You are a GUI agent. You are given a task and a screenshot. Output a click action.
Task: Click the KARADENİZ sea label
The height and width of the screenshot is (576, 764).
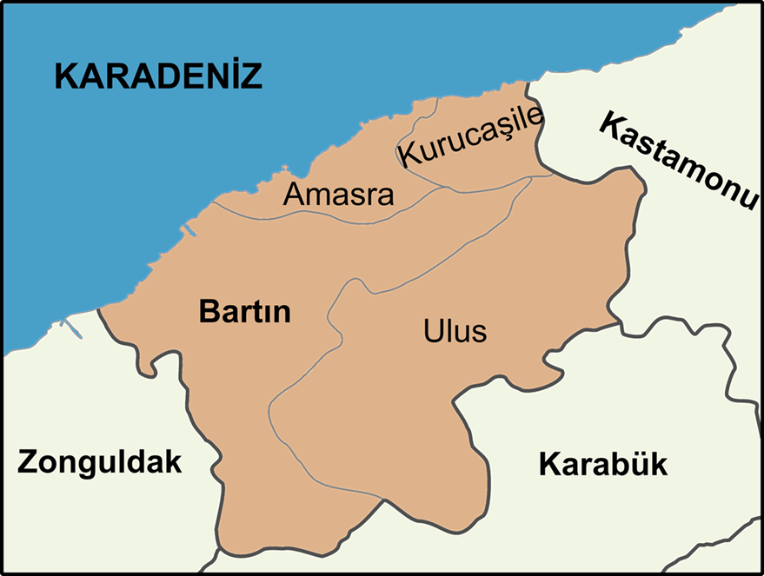[x=158, y=76]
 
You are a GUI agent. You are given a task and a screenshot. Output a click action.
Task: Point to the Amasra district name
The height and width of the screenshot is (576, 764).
[x=338, y=195]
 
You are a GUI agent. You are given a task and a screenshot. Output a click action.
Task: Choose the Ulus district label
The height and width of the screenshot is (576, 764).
[x=455, y=331]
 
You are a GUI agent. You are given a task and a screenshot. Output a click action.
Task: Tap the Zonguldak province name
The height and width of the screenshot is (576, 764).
[x=100, y=461]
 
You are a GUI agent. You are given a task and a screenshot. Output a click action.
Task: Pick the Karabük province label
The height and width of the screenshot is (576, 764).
[x=603, y=464]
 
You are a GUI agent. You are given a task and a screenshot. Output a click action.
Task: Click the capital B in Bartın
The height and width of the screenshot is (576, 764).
[x=209, y=311]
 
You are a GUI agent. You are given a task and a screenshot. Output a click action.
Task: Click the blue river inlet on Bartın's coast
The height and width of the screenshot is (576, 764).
[x=188, y=231]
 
